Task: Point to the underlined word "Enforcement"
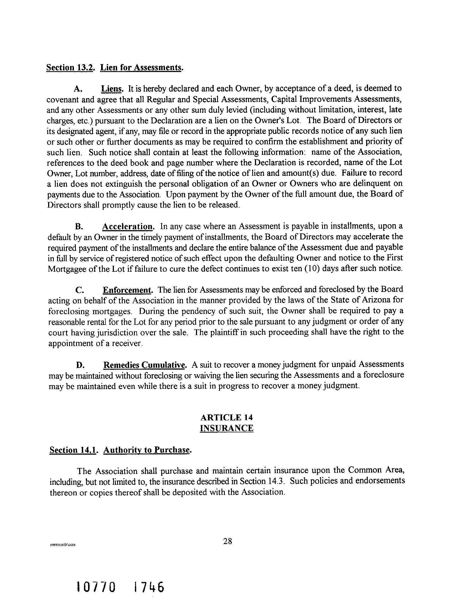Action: pyautogui.click(x=127, y=290)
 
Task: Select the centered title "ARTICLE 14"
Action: pyautogui.click(x=226, y=417)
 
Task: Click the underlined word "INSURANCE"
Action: pyautogui.click(x=226, y=428)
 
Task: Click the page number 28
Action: pyautogui.click(x=228, y=541)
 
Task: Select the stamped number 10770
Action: pyautogui.click(x=96, y=587)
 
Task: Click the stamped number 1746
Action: pyautogui.click(x=148, y=587)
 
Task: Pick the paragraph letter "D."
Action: pyautogui.click(x=80, y=365)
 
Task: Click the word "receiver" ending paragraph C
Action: pyautogui.click(x=127, y=343)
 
